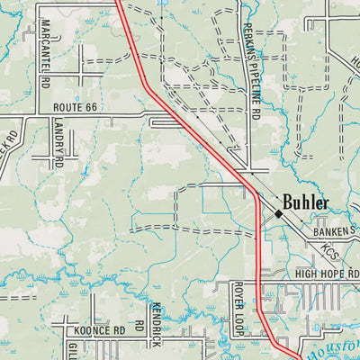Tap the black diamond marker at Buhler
pyautogui.click(x=279, y=214)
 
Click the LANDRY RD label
pyautogui.click(x=58, y=144)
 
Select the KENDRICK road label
pyautogui.click(x=156, y=325)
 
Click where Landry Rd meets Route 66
pyautogui.click(x=51, y=115)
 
